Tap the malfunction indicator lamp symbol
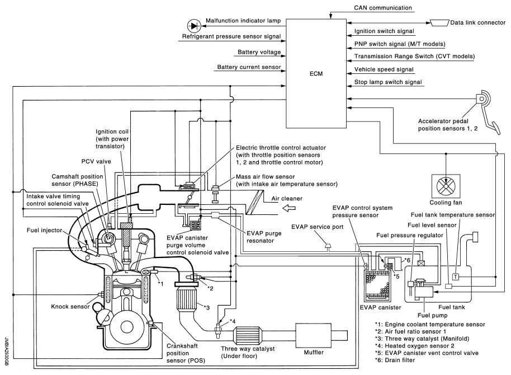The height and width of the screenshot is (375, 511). tap(194, 25)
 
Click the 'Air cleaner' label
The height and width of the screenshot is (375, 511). tap(285, 198)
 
